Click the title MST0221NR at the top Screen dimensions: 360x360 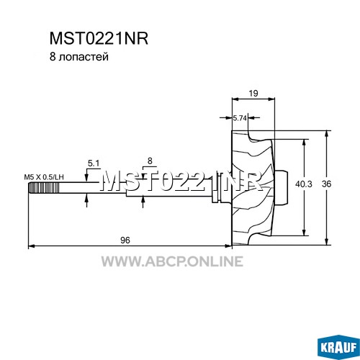[x=99, y=38]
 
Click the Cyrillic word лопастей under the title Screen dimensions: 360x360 [x=83, y=57]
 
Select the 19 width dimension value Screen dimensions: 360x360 [x=253, y=93]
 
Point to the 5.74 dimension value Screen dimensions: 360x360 [x=240, y=118]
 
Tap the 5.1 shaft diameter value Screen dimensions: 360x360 [x=94, y=163]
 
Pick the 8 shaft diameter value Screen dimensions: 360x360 [x=150, y=161]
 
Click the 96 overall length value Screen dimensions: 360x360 [x=125, y=240]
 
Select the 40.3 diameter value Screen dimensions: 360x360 [x=304, y=184]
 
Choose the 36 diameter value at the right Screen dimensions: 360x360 [x=326, y=184]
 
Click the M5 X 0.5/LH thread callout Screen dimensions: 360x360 [x=44, y=177]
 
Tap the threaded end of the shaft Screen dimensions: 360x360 [x=43, y=187]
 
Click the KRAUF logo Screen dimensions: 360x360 [x=338, y=346]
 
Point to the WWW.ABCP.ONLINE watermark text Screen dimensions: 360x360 [x=172, y=261]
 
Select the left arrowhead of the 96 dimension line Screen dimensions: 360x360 [x=32, y=246]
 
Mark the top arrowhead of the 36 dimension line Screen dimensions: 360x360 [x=326, y=134]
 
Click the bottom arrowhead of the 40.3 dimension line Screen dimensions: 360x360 [x=304, y=232]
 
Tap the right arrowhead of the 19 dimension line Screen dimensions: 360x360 [x=271, y=99]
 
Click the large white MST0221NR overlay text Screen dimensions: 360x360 [x=181, y=181]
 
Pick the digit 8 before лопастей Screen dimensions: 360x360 [x=53, y=57]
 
